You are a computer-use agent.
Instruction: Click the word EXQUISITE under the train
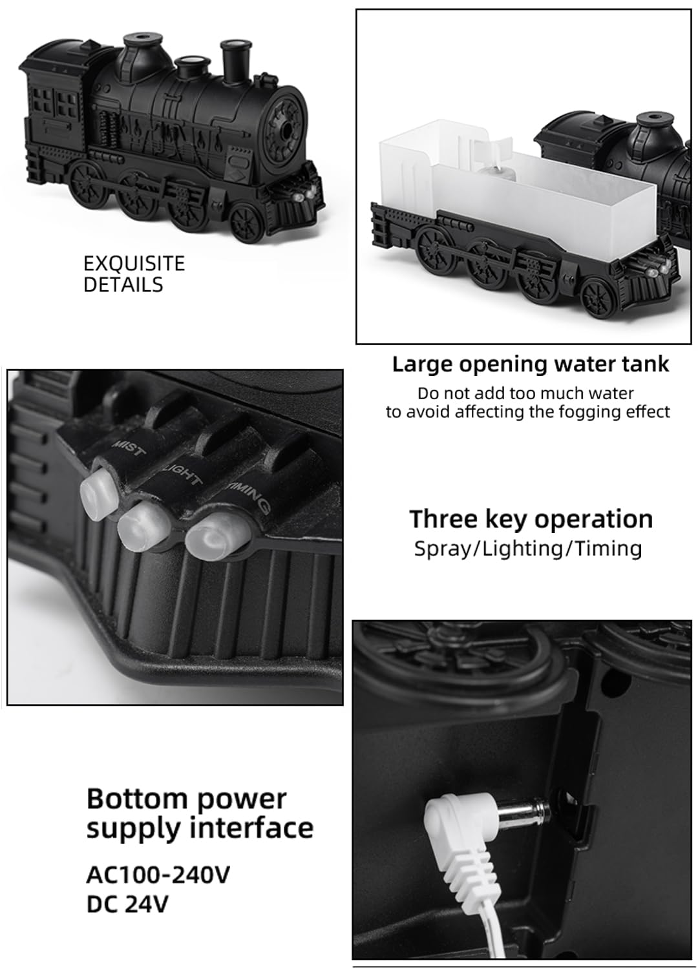pos(134,264)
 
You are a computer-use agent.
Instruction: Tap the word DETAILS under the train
pos(123,285)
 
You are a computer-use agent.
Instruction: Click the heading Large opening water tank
pos(530,364)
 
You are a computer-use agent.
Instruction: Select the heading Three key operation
pos(531,519)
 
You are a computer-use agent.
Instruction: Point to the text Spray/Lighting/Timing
pos(527,549)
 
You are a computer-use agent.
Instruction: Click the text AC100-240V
pos(158,875)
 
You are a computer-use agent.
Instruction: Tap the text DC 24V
pos(127,904)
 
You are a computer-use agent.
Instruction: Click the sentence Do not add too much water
pos(525,393)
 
